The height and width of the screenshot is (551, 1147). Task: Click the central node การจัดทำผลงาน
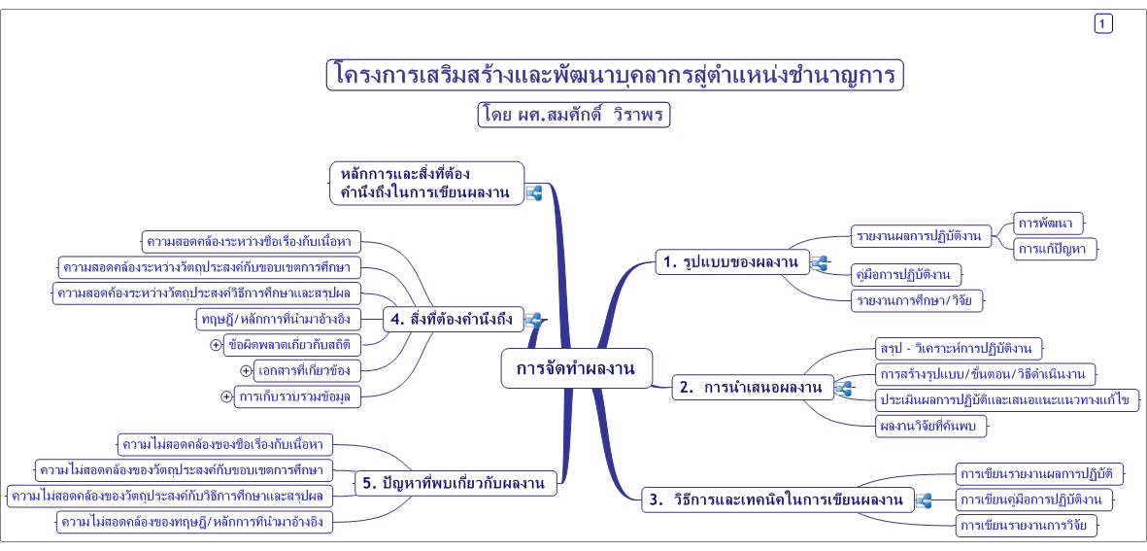pyautogui.click(x=576, y=368)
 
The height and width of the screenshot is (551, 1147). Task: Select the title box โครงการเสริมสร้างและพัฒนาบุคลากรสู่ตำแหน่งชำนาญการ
pyautogui.click(x=615, y=75)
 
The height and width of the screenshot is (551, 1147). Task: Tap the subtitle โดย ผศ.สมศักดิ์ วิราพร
pyautogui.click(x=574, y=115)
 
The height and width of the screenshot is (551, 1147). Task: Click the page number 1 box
pyautogui.click(x=1103, y=24)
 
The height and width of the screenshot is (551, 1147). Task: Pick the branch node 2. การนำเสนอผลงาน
pyautogui.click(x=752, y=388)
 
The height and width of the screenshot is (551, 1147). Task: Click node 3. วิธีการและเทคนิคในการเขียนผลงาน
pyautogui.click(x=776, y=500)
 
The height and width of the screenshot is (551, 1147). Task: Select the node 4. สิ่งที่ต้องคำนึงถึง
pyautogui.click(x=454, y=318)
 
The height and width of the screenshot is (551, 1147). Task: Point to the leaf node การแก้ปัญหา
pyautogui.click(x=1056, y=249)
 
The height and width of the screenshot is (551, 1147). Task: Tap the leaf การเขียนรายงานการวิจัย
pyautogui.click(x=1027, y=526)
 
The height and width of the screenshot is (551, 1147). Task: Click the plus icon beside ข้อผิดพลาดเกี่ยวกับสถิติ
pyautogui.click(x=216, y=344)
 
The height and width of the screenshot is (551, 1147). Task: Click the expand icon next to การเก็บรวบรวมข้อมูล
pyautogui.click(x=226, y=396)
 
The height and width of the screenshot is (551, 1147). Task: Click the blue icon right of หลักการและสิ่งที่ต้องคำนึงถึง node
pyautogui.click(x=533, y=192)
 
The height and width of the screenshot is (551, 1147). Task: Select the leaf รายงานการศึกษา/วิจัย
pyautogui.click(x=917, y=300)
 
